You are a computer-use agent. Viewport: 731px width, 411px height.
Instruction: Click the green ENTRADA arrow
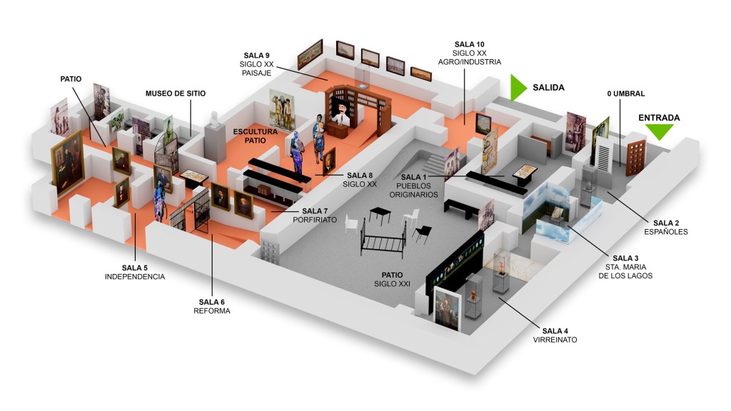pyautogui.click(x=659, y=131)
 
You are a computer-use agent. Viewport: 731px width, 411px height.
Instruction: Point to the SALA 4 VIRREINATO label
pyautogui.click(x=555, y=335)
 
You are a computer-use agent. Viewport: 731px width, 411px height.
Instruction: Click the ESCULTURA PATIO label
pyautogui.click(x=255, y=136)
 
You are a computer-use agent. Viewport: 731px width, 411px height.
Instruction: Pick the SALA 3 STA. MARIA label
pyautogui.click(x=626, y=266)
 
